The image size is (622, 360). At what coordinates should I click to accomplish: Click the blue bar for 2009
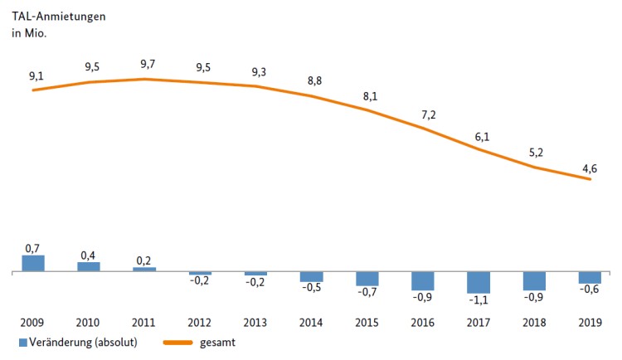pyautogui.click(x=33, y=263)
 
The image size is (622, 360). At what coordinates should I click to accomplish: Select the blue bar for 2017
pyautogui.click(x=479, y=282)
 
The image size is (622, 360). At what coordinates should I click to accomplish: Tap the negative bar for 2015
pyautogui.click(x=367, y=279)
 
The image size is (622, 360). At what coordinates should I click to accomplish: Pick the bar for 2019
pyautogui.click(x=590, y=278)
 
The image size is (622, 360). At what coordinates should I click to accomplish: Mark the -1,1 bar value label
pyautogui.click(x=479, y=300)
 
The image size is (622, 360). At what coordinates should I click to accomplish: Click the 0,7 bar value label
pyautogui.click(x=33, y=248)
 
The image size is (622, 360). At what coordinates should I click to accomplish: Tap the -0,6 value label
pyautogui.click(x=590, y=290)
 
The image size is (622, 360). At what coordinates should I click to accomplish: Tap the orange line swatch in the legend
pyautogui.click(x=182, y=341)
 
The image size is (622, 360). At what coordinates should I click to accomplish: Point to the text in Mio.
pyautogui.click(x=28, y=33)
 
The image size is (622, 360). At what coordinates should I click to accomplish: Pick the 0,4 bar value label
pyautogui.click(x=89, y=255)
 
